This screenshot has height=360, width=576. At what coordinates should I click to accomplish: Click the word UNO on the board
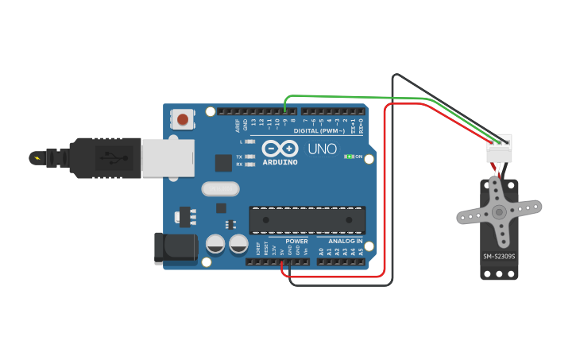pyautogui.click(x=322, y=149)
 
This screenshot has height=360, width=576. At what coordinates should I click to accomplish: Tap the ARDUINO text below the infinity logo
pyautogui.click(x=280, y=162)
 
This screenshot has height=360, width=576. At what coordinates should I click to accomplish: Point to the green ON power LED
pyautogui.click(x=349, y=157)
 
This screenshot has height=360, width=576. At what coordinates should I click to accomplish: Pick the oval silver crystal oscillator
pyautogui.click(x=220, y=189)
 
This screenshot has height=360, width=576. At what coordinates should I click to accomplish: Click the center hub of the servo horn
pyautogui.click(x=498, y=212)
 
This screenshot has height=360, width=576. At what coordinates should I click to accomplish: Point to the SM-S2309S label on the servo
pyautogui.click(x=499, y=256)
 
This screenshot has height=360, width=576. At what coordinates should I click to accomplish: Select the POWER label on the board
pyautogui.click(x=296, y=241)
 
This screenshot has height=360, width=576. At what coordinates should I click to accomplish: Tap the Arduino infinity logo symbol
pyautogui.click(x=280, y=149)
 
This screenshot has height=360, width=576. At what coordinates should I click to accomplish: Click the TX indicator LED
pyautogui.click(x=249, y=157)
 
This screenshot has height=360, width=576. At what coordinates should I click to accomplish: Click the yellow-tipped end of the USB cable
pyautogui.click(x=36, y=156)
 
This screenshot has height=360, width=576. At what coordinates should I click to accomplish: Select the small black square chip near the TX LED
pyautogui.click(x=223, y=162)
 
